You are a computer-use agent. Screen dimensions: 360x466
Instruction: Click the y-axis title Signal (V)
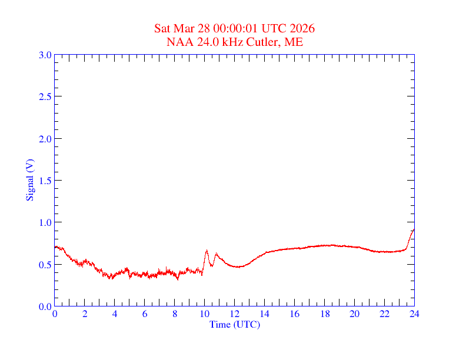(29, 180)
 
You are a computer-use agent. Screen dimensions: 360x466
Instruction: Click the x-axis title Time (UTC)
(234, 324)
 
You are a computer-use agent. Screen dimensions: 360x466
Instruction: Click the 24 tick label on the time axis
(414, 314)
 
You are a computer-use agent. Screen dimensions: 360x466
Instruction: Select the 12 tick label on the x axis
(234, 314)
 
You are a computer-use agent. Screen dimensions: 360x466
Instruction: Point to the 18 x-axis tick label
(324, 314)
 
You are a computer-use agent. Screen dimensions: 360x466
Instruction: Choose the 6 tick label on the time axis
(145, 314)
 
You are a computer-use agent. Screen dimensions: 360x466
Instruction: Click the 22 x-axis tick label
(384, 314)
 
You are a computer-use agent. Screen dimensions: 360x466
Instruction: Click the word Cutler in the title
(265, 42)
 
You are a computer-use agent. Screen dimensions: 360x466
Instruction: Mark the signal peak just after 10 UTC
(207, 251)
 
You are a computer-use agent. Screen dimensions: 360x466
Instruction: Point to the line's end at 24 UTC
(414, 229)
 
